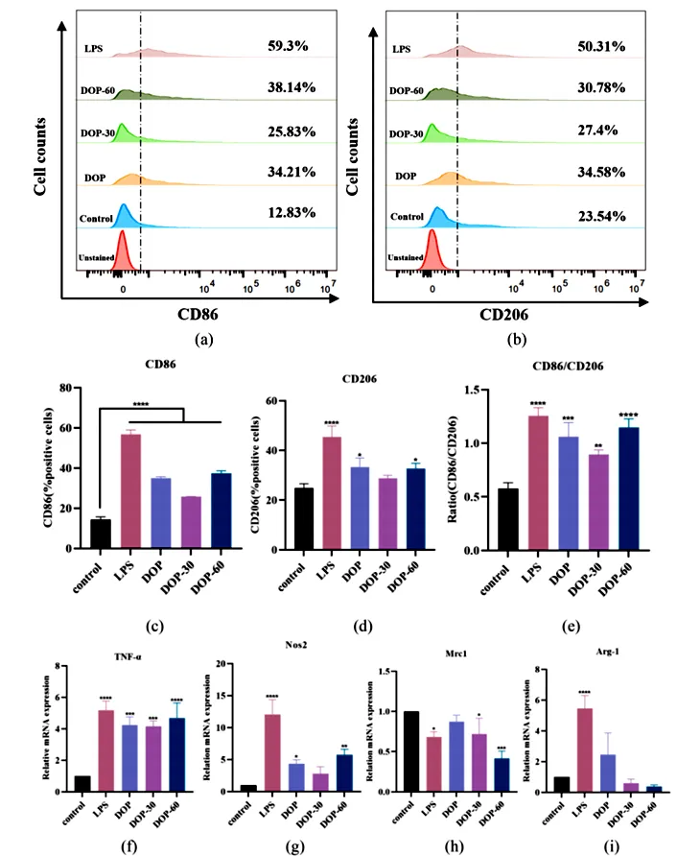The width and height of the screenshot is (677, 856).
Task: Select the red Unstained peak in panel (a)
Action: [x=122, y=247]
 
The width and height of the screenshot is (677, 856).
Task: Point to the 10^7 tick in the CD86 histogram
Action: [x=327, y=285]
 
